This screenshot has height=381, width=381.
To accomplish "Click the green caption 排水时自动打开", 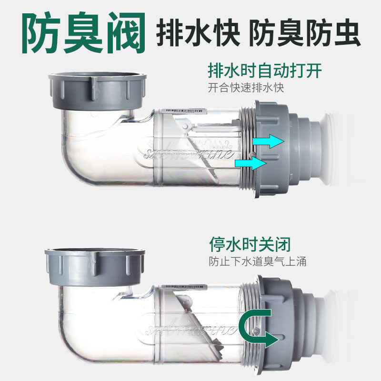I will coord(265,70).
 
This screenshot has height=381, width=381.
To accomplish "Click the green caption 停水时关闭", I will coord(250,244).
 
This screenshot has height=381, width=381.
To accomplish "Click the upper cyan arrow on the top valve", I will coord(269,141).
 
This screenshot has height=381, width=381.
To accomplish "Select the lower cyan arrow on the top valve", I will coord(251,163).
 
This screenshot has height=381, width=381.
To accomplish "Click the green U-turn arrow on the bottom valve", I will coord(258,327).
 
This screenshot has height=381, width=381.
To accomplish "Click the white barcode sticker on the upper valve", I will coord(183,110).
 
